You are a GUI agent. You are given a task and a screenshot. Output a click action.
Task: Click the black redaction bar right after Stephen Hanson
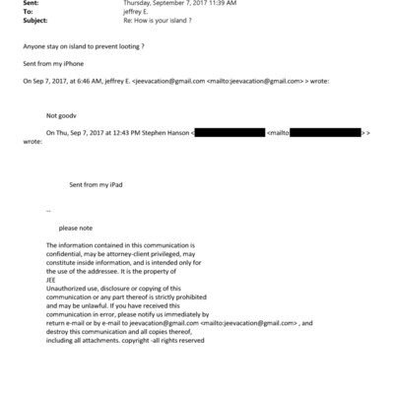230,132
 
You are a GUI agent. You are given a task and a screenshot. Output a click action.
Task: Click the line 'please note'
76,228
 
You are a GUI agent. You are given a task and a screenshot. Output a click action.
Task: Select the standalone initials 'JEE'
52,277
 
